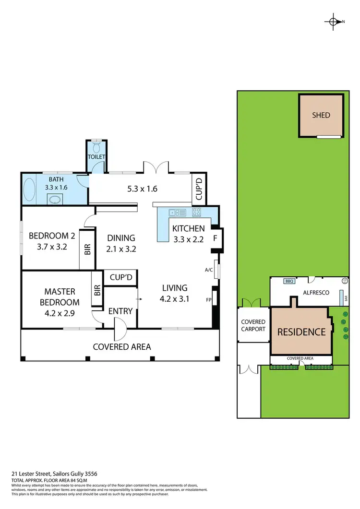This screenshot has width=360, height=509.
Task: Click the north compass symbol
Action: [x=334, y=21]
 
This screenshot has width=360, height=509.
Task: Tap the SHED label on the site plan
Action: [x=321, y=115]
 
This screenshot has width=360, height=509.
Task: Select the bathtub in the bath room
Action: [x=29, y=190]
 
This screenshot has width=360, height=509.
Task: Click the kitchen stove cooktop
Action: [x=196, y=212]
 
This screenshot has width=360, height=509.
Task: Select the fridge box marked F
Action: [x=215, y=238]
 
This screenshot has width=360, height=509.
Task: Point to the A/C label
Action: [x=209, y=270]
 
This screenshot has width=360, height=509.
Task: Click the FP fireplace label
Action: [x=209, y=299]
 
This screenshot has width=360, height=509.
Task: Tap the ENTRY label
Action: [x=120, y=311]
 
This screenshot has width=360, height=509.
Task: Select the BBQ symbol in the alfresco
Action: [x=289, y=282]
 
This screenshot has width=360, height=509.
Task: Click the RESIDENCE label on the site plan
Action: [x=301, y=331]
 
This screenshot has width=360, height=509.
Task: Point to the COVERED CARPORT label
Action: [x=253, y=326]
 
